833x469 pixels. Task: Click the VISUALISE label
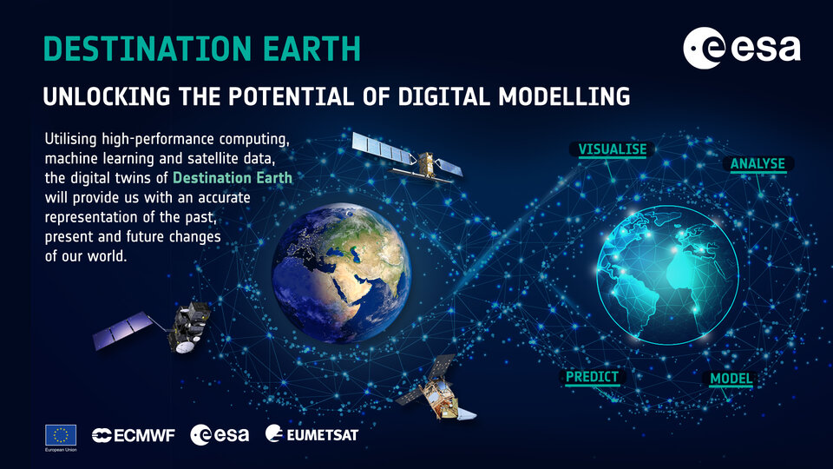point(613,149)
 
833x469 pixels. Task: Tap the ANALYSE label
point(757,163)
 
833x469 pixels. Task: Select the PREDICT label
point(592,377)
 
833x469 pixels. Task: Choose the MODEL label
point(731,379)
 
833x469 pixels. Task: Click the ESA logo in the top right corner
point(741,49)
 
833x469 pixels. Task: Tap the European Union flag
point(60,434)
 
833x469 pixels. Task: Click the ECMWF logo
point(133,434)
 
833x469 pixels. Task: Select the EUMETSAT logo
point(312,434)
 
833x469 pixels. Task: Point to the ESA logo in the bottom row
point(220,434)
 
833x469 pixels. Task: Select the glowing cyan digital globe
point(666,267)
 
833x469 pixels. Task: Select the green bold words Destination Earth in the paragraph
point(233,178)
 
